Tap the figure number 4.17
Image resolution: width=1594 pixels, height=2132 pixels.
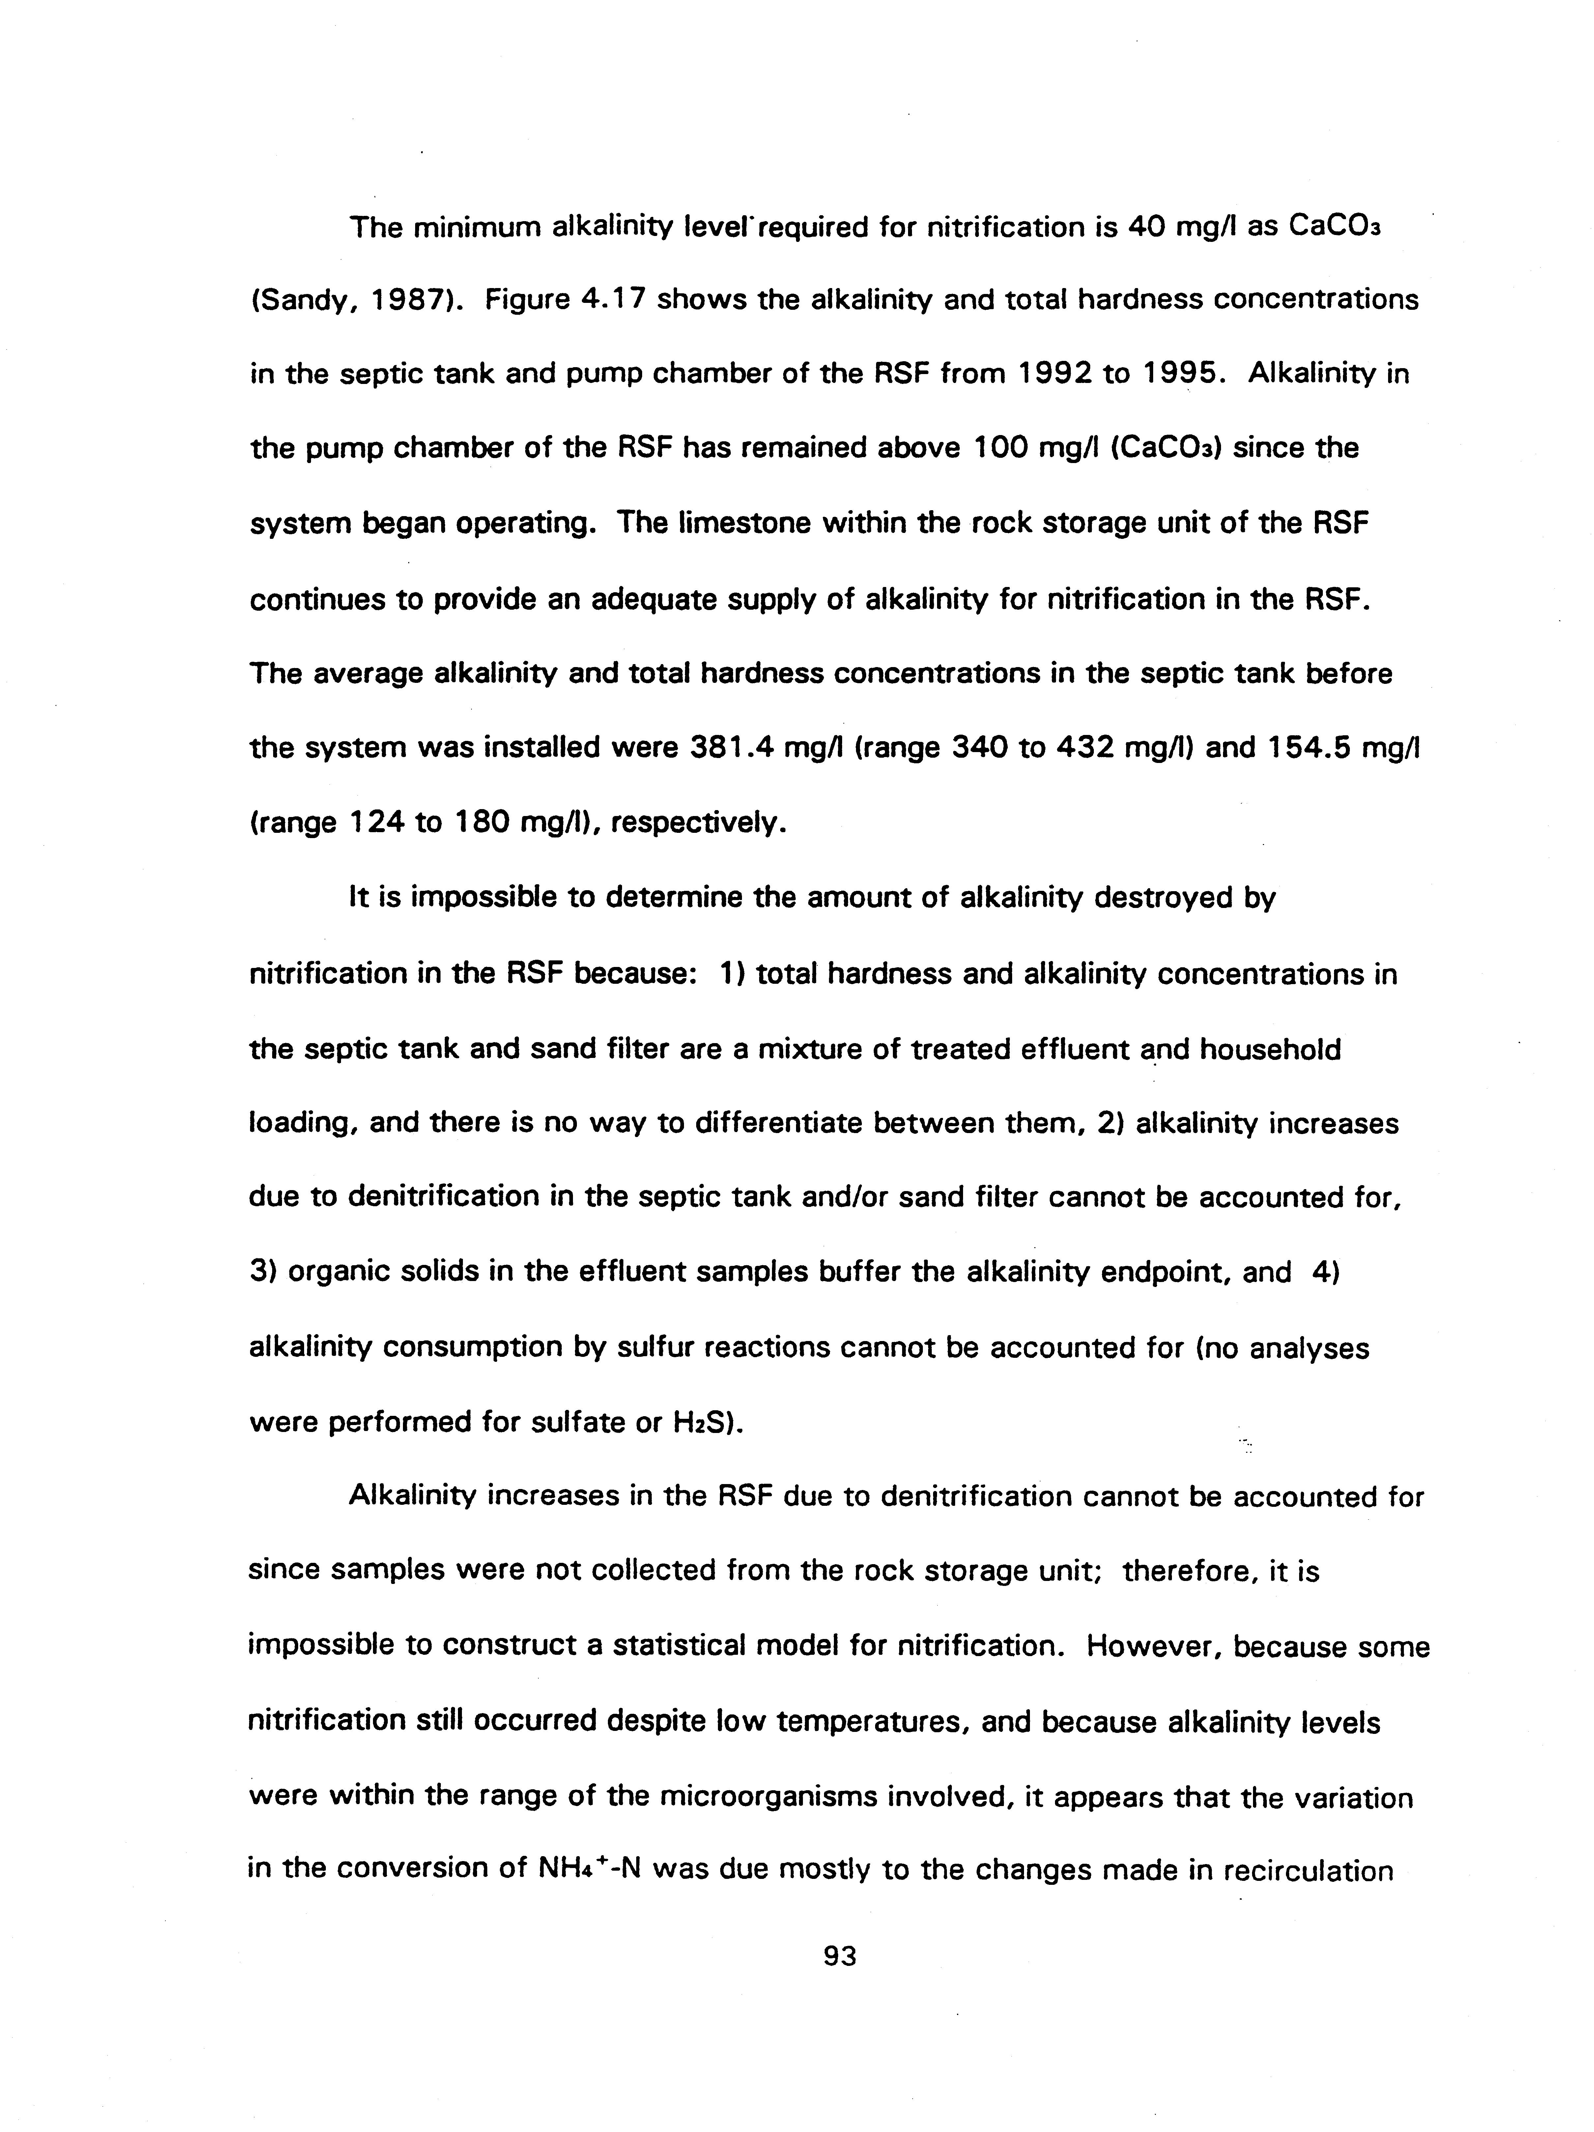pos(614,300)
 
